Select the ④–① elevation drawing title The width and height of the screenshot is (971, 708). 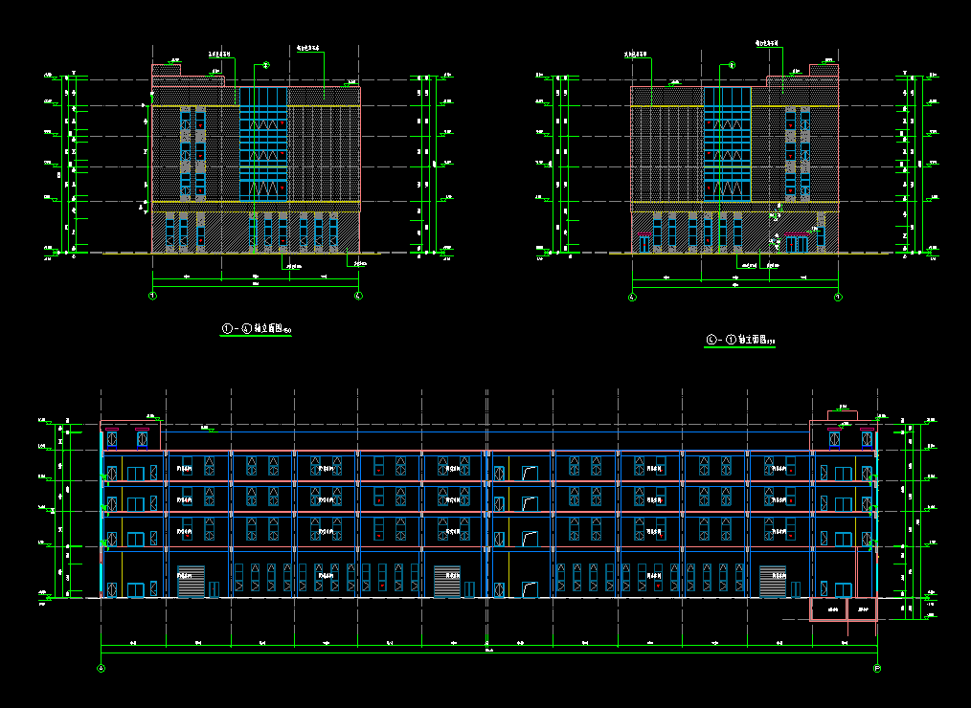point(740,340)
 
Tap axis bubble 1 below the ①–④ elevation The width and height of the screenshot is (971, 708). point(152,296)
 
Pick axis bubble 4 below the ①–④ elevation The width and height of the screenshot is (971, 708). point(358,296)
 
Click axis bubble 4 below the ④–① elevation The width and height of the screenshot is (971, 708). point(632,297)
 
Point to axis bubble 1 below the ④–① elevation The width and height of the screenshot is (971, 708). point(838,297)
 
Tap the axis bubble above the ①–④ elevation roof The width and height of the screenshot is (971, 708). point(266,64)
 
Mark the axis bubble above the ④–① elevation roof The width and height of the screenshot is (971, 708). point(733,65)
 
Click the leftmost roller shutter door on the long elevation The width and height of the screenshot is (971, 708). point(191,582)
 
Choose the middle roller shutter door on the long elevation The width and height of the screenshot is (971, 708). point(447,582)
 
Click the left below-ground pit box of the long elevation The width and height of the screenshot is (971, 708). point(829,608)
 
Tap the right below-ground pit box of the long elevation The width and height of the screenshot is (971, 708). point(862,608)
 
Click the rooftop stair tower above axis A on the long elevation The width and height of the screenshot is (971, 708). point(131,434)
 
